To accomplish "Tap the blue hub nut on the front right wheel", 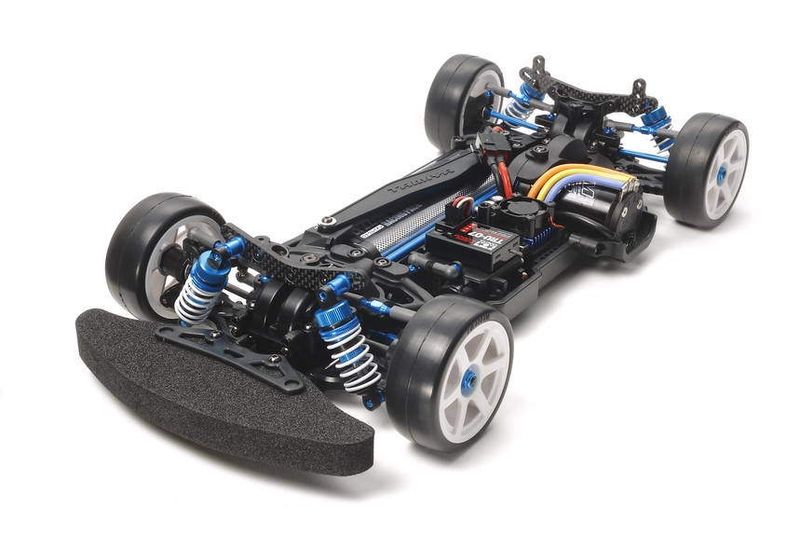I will (469, 379).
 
